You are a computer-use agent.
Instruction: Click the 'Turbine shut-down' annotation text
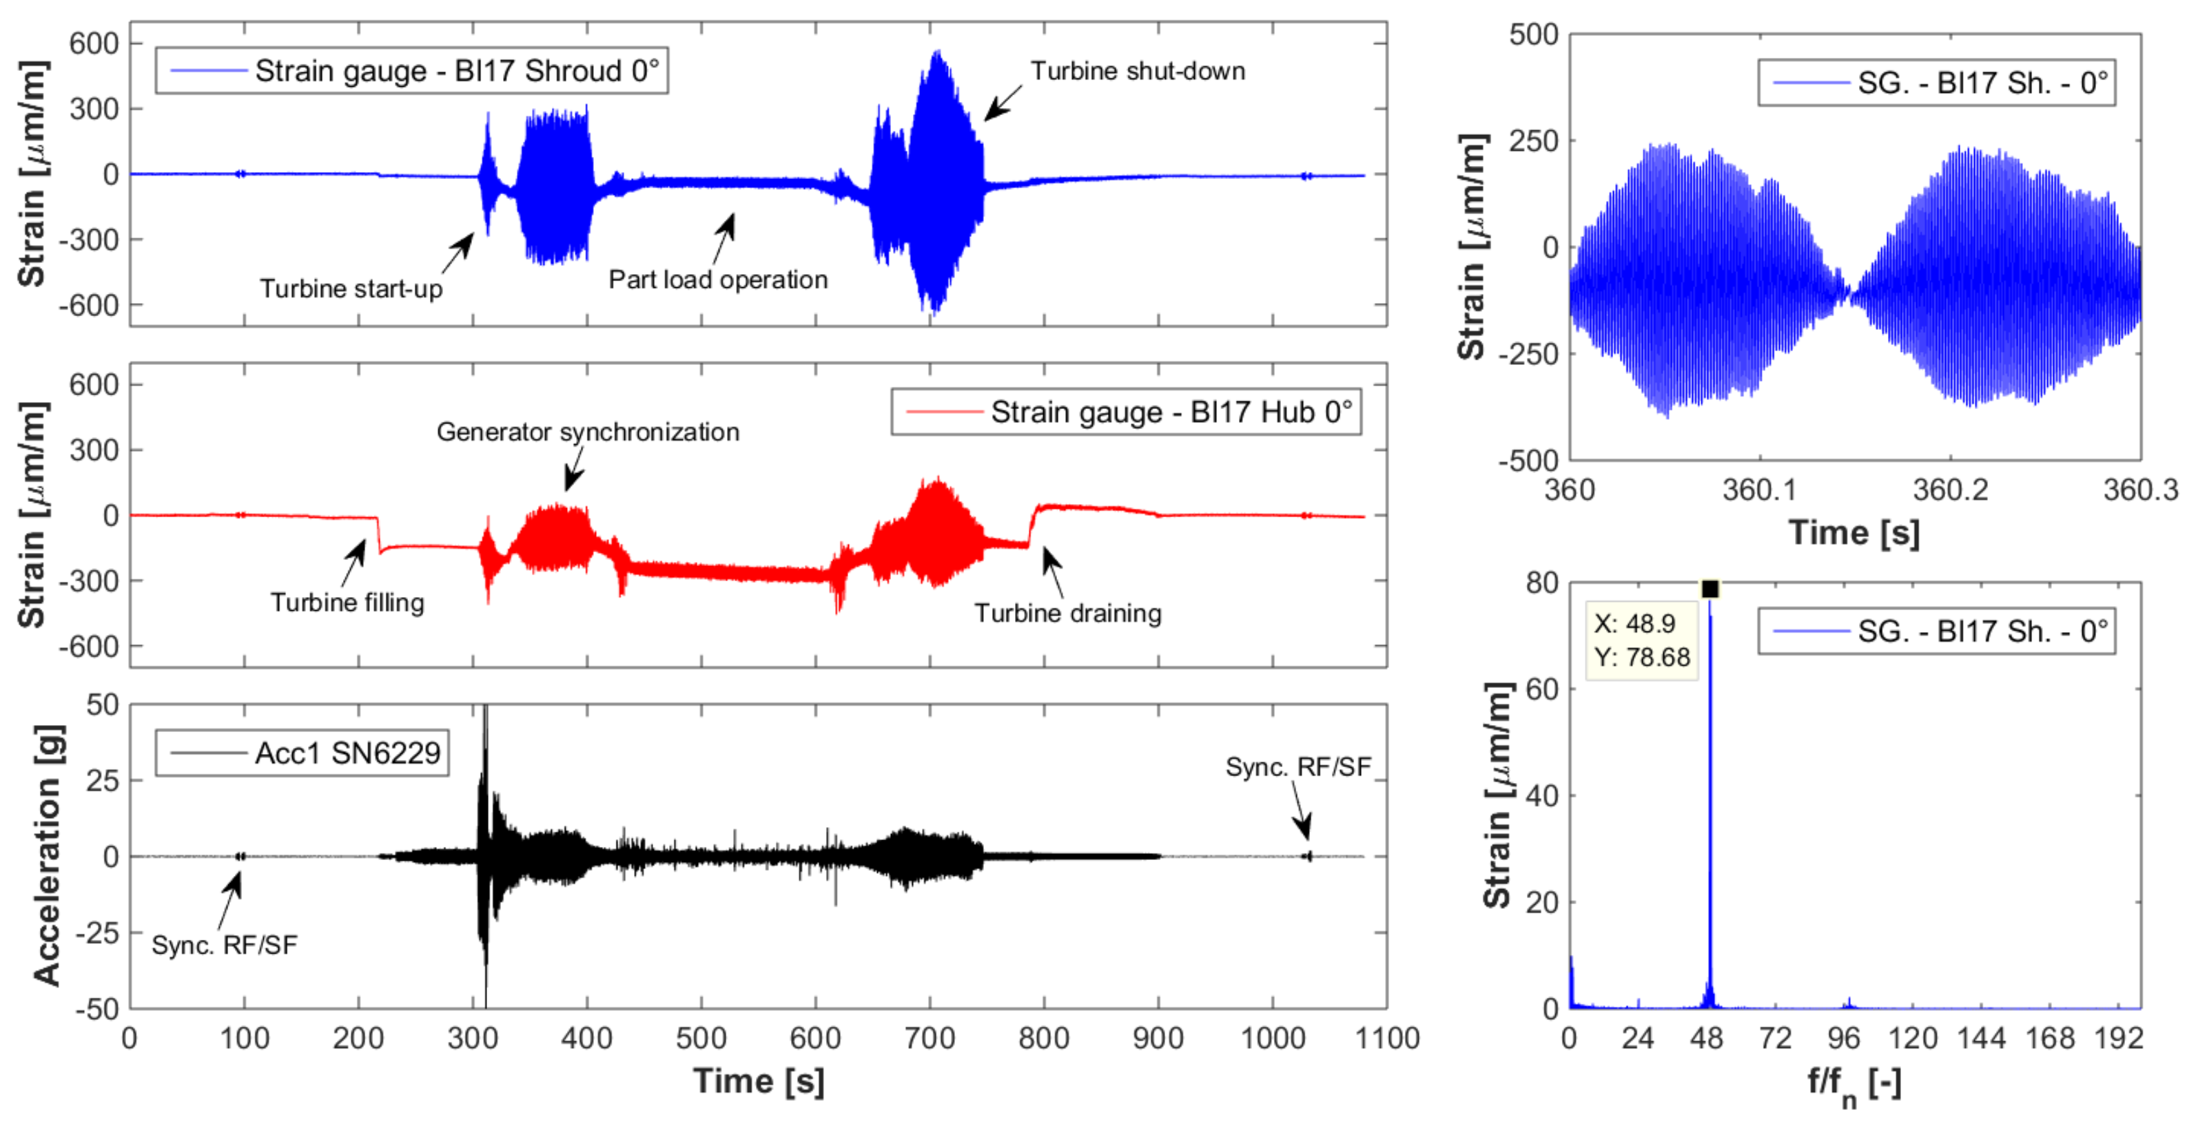1137,71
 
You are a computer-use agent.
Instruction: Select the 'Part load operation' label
718,280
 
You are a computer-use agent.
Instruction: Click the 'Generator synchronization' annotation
587,432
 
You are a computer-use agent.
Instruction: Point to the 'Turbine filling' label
347,603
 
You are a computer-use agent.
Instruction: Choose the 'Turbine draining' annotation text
1067,614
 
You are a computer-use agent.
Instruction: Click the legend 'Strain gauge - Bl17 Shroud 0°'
412,71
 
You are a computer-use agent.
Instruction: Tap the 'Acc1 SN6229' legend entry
302,753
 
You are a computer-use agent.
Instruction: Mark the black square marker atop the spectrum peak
1710,589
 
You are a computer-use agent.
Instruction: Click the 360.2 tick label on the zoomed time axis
1949,490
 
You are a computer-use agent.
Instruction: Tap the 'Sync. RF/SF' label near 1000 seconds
1297,767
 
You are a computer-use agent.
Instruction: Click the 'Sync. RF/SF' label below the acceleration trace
224,945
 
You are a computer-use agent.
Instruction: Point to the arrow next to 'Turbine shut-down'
1003,101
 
